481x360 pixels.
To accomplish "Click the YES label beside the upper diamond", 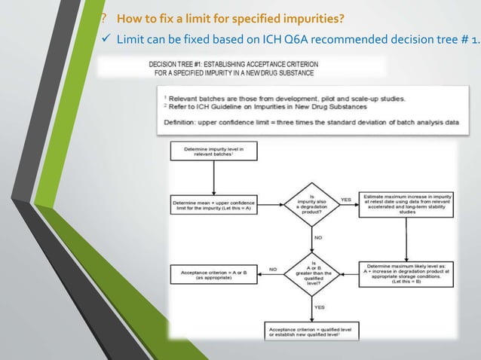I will [x=345, y=200].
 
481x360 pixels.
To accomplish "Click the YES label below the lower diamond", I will [x=318, y=307].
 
